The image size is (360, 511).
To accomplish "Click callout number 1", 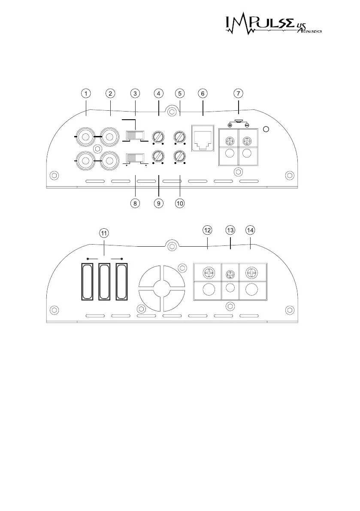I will (x=86, y=93).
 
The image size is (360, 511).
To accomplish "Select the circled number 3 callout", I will (x=135, y=93).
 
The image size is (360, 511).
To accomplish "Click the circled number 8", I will (x=135, y=203).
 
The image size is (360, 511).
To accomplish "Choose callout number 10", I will (x=180, y=203).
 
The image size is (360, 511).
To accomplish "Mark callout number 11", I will (x=104, y=233).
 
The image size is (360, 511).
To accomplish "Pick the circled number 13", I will (x=230, y=230).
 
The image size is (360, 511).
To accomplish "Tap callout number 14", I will (x=250, y=230).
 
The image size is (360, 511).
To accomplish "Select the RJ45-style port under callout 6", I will (x=202, y=138).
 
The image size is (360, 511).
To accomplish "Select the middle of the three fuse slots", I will (x=104, y=282).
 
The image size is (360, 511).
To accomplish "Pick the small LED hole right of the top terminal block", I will (x=266, y=130).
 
